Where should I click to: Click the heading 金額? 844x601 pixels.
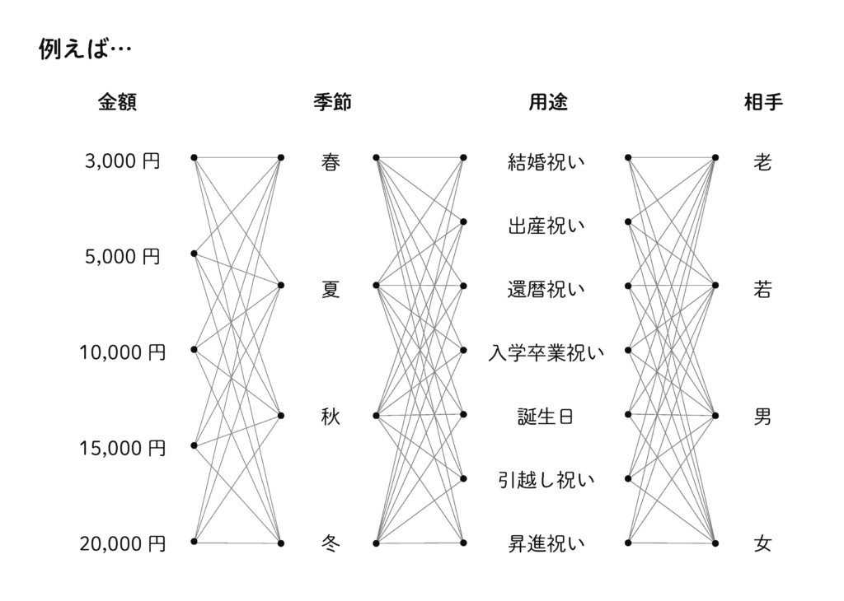coord(117,102)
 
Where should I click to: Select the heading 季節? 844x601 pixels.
coord(332,102)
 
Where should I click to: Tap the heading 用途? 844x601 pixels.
coord(547,102)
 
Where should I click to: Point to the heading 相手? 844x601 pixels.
coord(762,102)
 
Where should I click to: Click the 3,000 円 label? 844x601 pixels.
coord(123,161)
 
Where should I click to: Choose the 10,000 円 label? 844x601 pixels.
coord(123,353)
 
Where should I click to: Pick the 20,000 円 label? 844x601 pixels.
coord(123,543)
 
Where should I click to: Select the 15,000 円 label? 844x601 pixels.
coord(123,449)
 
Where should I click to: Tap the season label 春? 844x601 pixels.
coord(331,162)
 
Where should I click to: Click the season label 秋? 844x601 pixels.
coord(331,417)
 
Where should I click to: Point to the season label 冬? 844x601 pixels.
coord(330,544)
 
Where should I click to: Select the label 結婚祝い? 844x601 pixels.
coord(546,162)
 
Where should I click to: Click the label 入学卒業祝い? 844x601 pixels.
coord(546,354)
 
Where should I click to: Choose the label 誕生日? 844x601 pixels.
coord(546,417)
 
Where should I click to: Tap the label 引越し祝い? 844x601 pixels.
coord(546,480)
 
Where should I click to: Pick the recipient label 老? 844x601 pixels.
coord(762,162)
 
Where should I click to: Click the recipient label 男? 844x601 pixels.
coord(762,417)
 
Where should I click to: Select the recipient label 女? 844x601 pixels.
coord(762,544)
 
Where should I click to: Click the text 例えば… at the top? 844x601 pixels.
coord(85,50)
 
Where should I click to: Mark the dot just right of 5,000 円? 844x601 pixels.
coord(194,254)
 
